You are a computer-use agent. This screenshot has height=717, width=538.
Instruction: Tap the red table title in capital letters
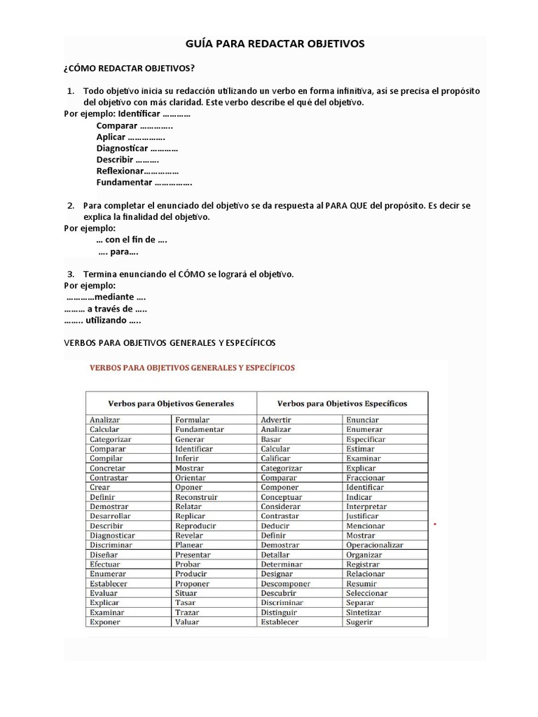coord(191,367)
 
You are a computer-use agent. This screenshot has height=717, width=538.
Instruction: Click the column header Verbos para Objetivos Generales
coord(170,403)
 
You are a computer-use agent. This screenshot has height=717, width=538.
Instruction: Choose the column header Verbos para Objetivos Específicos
coord(342,403)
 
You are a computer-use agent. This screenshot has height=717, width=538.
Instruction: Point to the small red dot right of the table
coord(436,524)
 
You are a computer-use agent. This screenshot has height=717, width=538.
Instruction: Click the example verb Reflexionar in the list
coord(120,171)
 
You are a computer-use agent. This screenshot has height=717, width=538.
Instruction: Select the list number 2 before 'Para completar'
coord(71,206)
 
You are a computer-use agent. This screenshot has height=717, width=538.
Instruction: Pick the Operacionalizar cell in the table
coord(375,545)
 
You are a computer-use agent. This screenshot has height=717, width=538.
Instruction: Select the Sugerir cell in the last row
coord(359,622)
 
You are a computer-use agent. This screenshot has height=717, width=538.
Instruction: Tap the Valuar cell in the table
coord(187,622)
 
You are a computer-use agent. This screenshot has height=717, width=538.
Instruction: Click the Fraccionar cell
coord(365,478)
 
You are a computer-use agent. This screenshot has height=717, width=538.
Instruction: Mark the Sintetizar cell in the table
coord(364,612)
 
